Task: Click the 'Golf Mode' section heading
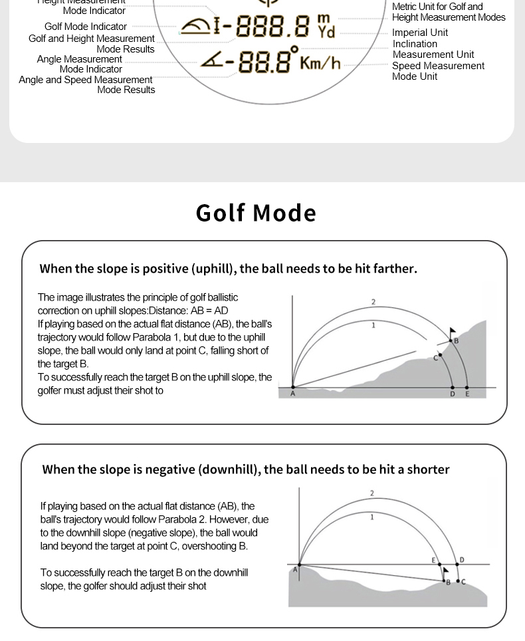256,213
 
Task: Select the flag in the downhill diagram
445,571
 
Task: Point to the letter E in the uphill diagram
467,394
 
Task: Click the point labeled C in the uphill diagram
440,355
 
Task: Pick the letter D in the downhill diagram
462,560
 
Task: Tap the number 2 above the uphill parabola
373,302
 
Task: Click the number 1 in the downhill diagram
372,517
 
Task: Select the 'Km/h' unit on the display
320,63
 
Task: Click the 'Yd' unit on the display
326,32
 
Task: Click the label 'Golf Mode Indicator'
86,27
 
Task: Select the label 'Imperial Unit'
420,33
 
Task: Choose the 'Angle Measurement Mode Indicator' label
80,64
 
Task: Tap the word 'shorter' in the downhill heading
428,469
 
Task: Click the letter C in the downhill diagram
463,582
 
